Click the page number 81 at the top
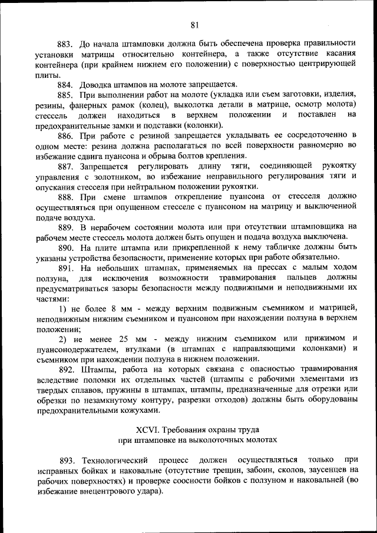[194, 25]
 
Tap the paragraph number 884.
[64, 84]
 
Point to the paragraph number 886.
[64, 135]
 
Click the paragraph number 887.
[64, 166]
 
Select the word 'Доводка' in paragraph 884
[99, 84]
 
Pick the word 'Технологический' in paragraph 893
[115, 459]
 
